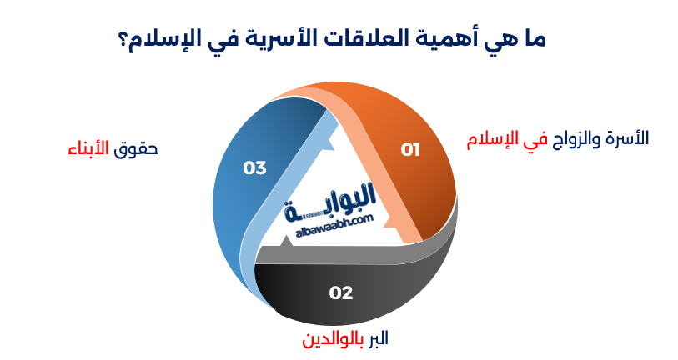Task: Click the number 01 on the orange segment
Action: (410, 150)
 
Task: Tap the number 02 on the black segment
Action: (341, 292)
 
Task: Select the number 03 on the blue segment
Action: (254, 167)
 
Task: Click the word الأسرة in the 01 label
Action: (629, 138)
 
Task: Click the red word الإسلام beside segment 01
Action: (492, 138)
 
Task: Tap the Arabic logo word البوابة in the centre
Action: (334, 202)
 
